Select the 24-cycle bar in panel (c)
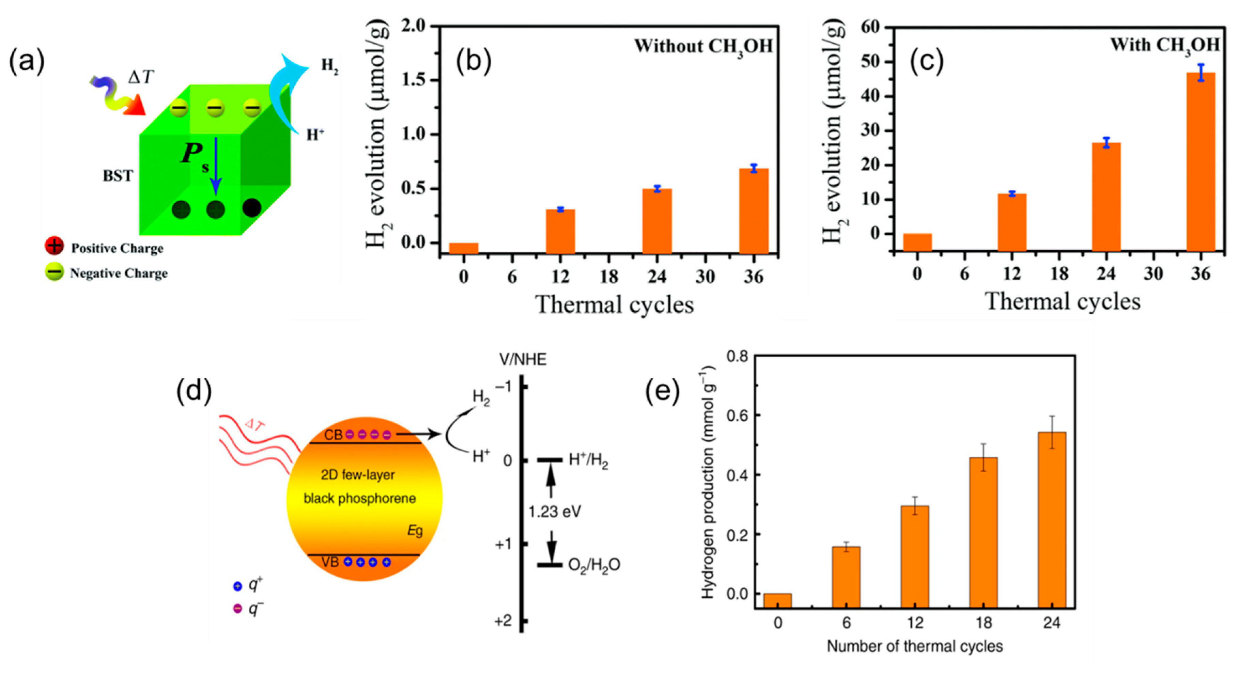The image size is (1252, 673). tap(1106, 197)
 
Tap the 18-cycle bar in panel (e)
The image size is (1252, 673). tap(983, 532)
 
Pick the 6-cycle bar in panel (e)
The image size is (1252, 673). tap(846, 577)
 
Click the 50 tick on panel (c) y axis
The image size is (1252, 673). tap(871, 62)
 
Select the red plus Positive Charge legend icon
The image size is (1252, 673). tap(55, 246)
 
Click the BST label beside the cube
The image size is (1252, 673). tap(118, 176)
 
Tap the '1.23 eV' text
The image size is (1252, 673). tap(555, 512)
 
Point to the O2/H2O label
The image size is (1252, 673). tap(594, 565)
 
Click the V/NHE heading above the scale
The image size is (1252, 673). tap(523, 360)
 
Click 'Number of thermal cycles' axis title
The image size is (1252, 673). tap(915, 646)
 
